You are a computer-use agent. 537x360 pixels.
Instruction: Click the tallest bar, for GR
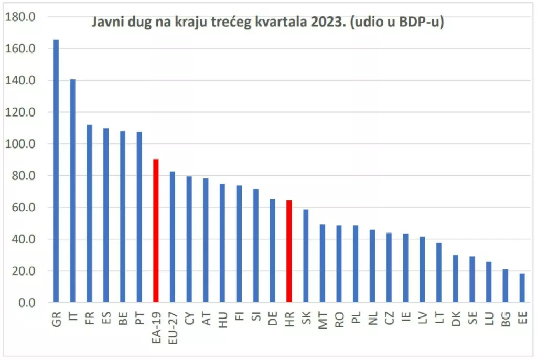click(x=56, y=171)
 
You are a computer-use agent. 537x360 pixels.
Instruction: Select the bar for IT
click(x=72, y=191)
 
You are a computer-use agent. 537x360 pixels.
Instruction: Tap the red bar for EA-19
click(x=156, y=231)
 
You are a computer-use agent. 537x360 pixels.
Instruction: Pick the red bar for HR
click(x=288, y=251)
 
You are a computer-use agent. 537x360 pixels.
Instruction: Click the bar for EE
click(x=522, y=288)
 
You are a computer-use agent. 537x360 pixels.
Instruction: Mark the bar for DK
click(x=455, y=279)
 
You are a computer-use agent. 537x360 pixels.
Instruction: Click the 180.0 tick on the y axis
click(x=20, y=17)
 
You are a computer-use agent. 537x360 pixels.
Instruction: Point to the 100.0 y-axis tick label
click(x=20, y=144)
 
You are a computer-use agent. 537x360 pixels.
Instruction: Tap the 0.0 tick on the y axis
click(x=24, y=303)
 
